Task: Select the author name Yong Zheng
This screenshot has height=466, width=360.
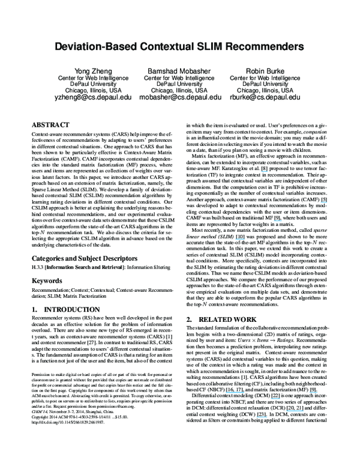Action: [x=83, y=70]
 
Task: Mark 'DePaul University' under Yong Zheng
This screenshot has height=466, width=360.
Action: [x=83, y=84]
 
